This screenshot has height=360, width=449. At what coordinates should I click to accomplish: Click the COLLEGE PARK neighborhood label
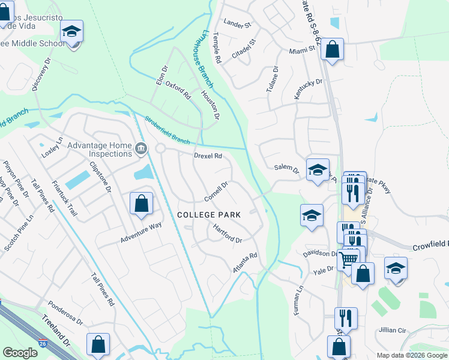209,215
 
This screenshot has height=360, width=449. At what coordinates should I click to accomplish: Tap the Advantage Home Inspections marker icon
141,149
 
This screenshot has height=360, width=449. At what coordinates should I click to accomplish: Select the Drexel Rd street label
208,156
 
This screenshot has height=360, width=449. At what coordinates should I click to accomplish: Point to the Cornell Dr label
216,192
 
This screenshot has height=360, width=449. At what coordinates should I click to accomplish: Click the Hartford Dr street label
228,233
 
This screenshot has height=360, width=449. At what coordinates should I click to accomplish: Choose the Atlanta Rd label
245,263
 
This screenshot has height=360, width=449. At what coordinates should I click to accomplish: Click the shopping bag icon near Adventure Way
141,203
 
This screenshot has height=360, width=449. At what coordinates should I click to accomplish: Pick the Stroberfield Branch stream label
167,129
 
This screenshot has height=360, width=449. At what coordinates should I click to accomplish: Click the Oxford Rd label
178,90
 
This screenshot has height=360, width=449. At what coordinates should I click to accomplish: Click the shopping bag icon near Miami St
332,49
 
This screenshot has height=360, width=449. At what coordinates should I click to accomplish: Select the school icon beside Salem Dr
318,169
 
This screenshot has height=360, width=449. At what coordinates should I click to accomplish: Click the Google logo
20,353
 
